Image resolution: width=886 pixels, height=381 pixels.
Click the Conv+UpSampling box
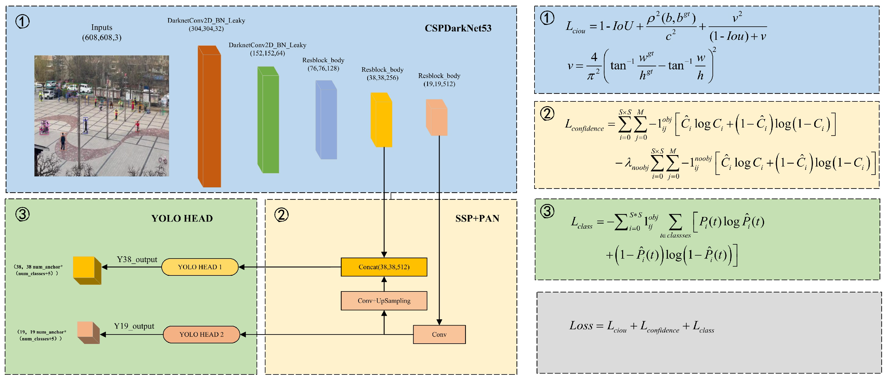click(384, 301)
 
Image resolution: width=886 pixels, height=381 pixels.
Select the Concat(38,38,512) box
click(384, 267)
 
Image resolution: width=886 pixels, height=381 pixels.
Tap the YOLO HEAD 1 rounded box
click(200, 267)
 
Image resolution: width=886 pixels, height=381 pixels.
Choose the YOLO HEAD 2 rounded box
click(201, 334)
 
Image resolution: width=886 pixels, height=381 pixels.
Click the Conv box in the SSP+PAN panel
click(439, 334)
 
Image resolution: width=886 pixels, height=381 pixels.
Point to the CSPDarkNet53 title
click(458, 28)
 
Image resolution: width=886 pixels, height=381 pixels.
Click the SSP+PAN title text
click(477, 218)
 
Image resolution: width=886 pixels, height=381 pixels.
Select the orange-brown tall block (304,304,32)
click(209, 117)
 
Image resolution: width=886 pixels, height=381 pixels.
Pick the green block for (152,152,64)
click(268, 120)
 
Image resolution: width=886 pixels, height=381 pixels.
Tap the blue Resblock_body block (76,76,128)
click(326, 120)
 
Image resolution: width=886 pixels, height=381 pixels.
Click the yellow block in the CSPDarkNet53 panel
click(381, 120)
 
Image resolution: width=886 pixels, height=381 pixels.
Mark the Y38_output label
click(137, 259)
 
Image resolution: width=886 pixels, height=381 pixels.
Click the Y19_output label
click(134, 326)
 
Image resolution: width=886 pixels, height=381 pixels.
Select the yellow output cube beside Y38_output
click(86, 270)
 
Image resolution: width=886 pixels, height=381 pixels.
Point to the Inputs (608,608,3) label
click(101, 32)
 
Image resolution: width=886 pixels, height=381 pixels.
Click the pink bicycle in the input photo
click(163, 160)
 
